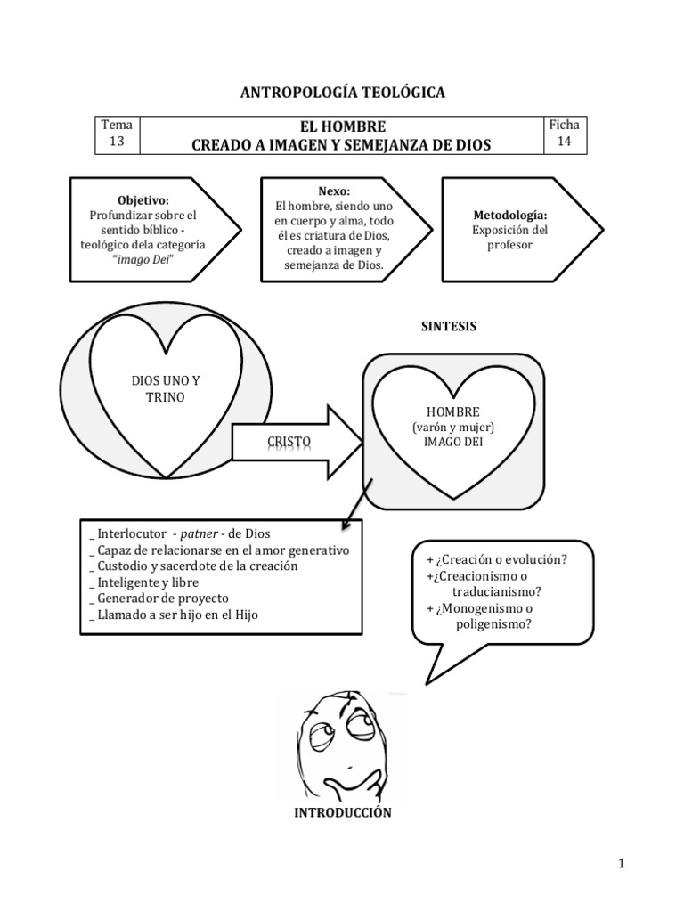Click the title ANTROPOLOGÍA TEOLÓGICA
[x=343, y=93]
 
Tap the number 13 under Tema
[x=117, y=142]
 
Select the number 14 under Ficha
[x=564, y=142]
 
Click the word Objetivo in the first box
[x=142, y=200]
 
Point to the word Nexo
[x=334, y=191]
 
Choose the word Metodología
[x=510, y=216]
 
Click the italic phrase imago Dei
[x=142, y=259]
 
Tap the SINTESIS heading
[x=449, y=326]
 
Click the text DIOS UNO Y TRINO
[x=166, y=389]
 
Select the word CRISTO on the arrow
[x=289, y=442]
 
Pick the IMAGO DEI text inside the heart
[x=453, y=442]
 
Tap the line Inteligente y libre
[x=148, y=582]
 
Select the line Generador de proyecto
[x=163, y=598]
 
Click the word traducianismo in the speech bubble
[x=496, y=592]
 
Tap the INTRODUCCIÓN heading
[x=343, y=812]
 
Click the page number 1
[x=621, y=864]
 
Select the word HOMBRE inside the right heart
[x=453, y=411]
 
